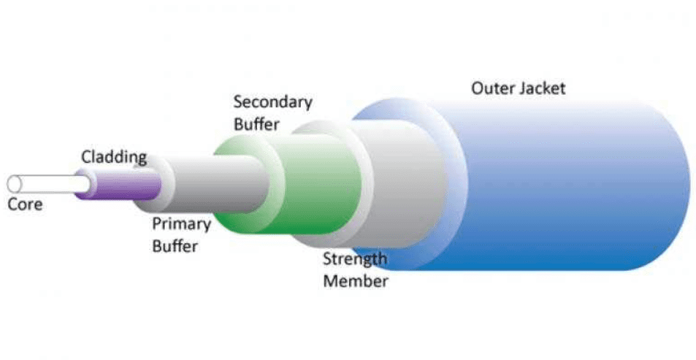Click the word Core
[x=25, y=204]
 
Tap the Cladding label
[x=113, y=156]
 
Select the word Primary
[x=181, y=223]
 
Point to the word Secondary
[x=272, y=102]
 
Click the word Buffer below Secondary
[x=256, y=124]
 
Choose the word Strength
[x=355, y=259]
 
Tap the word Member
[x=355, y=281]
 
